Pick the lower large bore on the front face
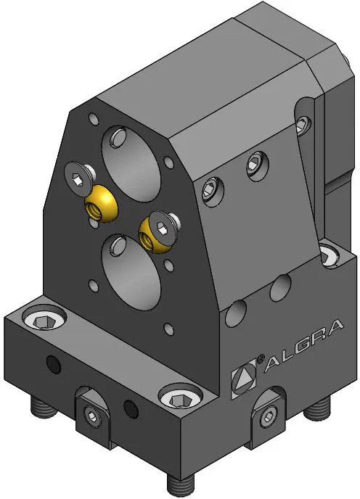131,271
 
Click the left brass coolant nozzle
100,203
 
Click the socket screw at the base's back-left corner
44,318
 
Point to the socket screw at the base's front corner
180,397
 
